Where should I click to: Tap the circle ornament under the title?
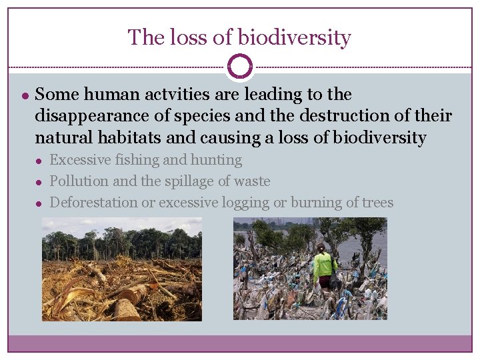tap(239, 67)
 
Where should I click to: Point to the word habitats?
tap(124, 138)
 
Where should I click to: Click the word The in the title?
tap(142, 37)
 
